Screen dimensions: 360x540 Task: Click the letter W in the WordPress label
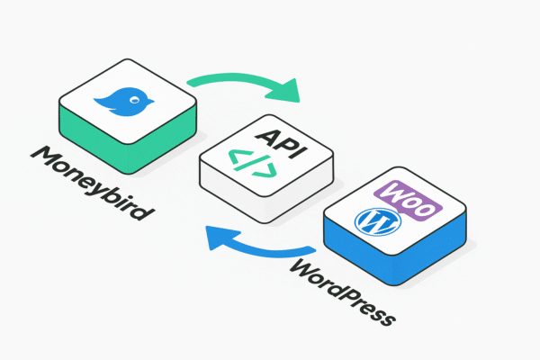pos(303,267)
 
